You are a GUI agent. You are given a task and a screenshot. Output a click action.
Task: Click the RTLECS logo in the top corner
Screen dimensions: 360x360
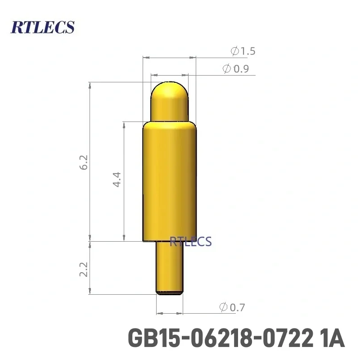coord(42,27)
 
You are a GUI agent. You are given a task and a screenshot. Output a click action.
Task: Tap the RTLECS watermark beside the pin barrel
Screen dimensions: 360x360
coord(190,242)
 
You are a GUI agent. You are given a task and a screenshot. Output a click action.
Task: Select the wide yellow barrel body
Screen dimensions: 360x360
coord(169,180)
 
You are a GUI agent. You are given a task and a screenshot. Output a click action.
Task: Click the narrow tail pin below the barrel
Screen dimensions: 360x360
coord(170,265)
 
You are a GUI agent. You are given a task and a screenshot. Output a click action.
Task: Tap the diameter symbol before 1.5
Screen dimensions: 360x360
coord(234,51)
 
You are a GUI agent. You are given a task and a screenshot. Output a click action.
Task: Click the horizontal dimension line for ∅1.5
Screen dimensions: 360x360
coord(169,58)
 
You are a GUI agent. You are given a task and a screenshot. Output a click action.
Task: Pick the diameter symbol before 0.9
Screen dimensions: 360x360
coord(227,69)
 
